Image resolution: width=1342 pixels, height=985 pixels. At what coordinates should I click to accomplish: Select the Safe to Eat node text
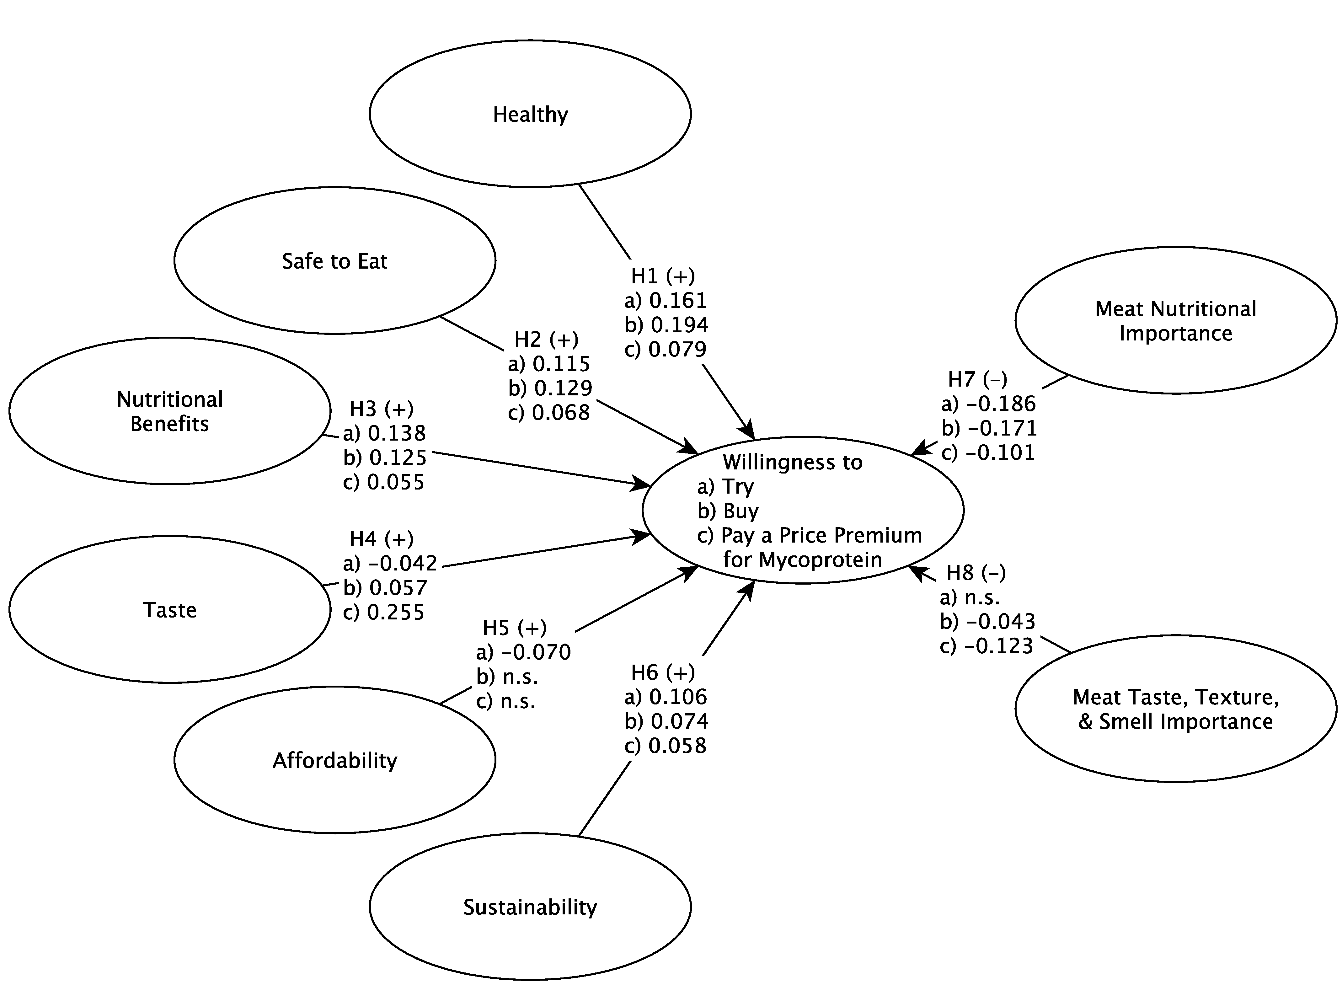(334, 261)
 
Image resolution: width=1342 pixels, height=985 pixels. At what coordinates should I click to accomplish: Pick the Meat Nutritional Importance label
(1175, 321)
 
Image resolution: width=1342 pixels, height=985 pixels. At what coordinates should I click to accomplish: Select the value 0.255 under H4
(396, 612)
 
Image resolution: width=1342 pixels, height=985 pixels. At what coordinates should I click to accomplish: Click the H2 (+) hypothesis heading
(546, 339)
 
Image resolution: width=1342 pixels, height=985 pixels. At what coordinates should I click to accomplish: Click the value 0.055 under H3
(396, 482)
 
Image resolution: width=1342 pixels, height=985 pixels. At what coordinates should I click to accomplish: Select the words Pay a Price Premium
(821, 535)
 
